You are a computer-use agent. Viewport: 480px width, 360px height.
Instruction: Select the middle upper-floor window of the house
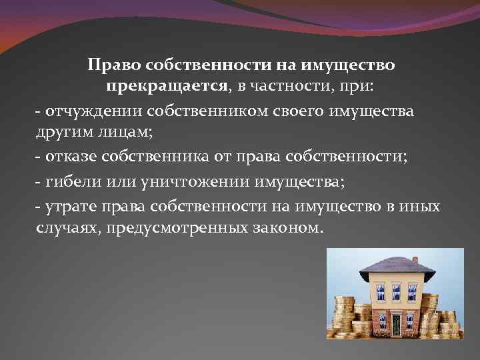(x=396, y=291)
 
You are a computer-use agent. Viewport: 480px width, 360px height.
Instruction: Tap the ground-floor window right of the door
(x=413, y=323)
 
